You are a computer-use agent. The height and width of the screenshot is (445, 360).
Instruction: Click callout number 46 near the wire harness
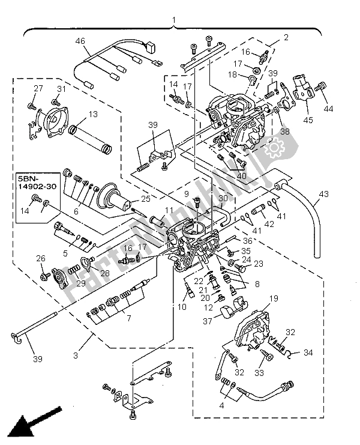click(x=80, y=41)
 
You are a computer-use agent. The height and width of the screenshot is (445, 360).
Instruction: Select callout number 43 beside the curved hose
click(x=324, y=193)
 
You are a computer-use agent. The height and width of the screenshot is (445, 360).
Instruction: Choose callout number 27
click(x=38, y=89)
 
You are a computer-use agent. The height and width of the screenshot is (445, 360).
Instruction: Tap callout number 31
click(x=60, y=89)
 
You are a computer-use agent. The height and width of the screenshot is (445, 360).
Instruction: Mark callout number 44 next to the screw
click(x=328, y=109)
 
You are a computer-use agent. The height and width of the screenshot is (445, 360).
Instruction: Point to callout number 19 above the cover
click(x=273, y=298)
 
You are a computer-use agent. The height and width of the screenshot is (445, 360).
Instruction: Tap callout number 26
click(x=41, y=259)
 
